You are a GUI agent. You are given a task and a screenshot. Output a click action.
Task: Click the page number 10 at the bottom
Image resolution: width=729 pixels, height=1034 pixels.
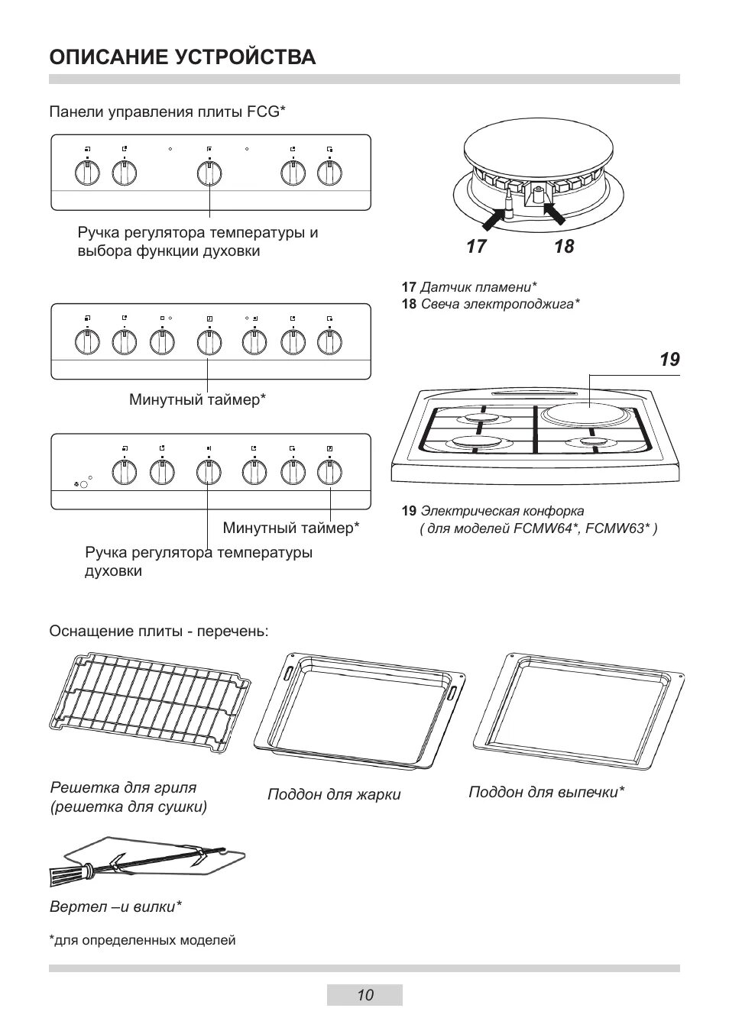364,995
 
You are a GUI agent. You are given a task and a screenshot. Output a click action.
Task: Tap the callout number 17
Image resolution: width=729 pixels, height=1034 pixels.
476,247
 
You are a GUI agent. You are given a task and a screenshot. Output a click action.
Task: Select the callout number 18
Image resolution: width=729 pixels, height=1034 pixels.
564,247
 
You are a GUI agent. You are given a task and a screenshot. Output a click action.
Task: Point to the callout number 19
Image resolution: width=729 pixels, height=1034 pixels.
669,360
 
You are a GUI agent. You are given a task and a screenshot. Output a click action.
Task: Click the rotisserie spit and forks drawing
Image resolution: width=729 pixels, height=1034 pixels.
149,863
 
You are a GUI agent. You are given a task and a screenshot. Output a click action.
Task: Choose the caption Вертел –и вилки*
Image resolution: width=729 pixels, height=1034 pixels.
115,907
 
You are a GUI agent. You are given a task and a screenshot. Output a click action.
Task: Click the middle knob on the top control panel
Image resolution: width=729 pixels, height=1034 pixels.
209,173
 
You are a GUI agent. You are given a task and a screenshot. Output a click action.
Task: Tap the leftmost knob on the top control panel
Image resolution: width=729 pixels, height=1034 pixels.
88,173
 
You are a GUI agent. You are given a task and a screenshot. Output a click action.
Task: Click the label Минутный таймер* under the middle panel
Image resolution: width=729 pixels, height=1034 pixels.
197,399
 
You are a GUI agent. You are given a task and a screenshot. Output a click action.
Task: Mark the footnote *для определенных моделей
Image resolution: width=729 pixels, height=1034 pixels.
142,941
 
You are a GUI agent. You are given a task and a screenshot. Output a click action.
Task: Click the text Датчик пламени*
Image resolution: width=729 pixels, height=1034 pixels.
478,287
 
